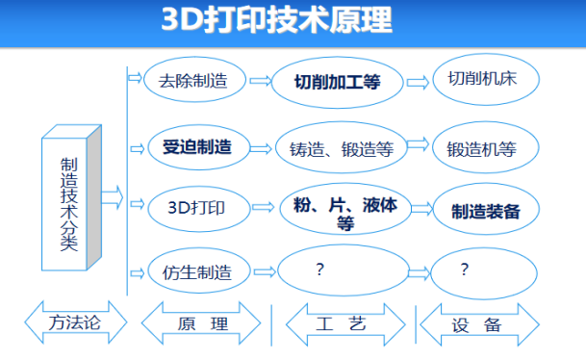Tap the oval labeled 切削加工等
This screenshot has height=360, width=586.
(337, 82)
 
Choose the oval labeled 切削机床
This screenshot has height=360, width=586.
(483, 79)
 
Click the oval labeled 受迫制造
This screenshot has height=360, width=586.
(196, 147)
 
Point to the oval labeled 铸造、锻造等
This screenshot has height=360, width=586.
(340, 149)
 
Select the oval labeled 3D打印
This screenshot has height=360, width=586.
(196, 206)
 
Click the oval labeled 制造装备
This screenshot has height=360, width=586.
(485, 211)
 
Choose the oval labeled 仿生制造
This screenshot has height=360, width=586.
(196, 271)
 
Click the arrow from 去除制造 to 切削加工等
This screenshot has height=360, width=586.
(259, 82)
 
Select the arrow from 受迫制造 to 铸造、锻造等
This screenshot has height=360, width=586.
(259, 148)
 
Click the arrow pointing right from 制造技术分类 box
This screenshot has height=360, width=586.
(113, 198)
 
